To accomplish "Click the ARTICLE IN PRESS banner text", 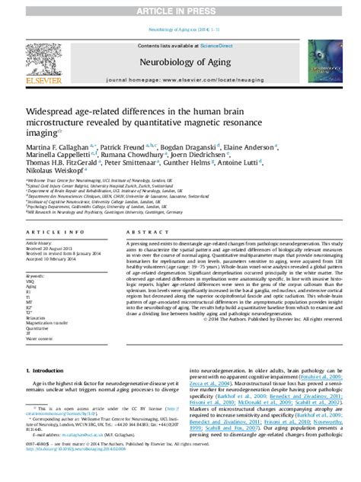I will tap(180, 8).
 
